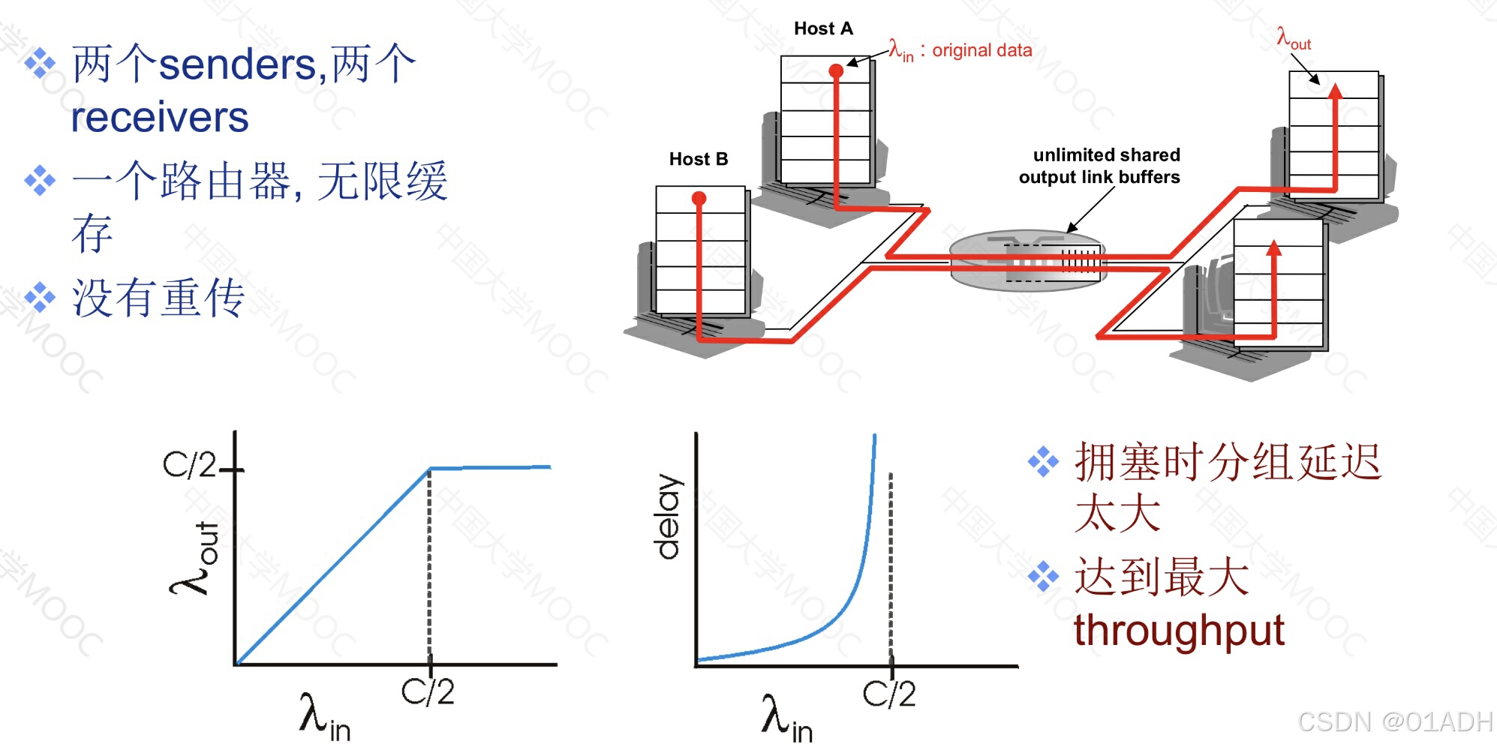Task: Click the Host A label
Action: click(823, 28)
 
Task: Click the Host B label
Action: click(698, 159)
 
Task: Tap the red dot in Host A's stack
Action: click(836, 71)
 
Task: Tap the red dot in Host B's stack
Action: click(699, 198)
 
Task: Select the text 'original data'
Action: click(981, 50)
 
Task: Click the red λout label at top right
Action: click(1293, 38)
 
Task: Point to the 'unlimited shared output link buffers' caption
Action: click(1099, 166)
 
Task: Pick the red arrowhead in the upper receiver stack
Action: click(1335, 91)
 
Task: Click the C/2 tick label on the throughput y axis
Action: click(189, 465)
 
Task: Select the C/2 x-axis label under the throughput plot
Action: click(428, 691)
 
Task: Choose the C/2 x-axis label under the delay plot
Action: click(889, 694)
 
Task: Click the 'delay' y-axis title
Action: click(667, 517)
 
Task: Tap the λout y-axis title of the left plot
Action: click(194, 558)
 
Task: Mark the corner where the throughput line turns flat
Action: click(430, 469)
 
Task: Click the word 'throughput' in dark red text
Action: click(1179, 630)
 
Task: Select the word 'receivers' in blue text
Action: click(160, 117)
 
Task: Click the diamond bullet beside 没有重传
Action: click(40, 298)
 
